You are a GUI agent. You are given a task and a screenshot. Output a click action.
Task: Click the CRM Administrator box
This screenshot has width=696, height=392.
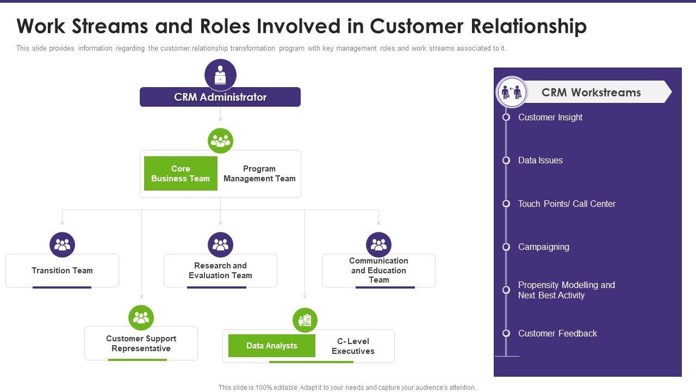click(220, 97)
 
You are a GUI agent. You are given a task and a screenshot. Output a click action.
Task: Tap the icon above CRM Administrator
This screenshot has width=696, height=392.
click(220, 75)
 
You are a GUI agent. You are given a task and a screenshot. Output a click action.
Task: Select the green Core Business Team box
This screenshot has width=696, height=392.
click(181, 174)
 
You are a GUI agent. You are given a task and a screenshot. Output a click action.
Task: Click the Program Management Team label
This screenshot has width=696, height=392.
click(259, 174)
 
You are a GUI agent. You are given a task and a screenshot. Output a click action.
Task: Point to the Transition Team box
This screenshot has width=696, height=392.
click(62, 271)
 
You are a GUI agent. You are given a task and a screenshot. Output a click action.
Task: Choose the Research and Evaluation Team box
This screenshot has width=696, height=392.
click(220, 271)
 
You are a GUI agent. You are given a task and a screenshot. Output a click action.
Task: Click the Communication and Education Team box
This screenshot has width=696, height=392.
click(378, 271)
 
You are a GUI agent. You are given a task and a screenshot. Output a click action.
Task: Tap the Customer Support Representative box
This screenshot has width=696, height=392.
click(141, 344)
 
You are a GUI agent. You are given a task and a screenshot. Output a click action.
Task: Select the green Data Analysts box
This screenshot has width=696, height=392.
click(272, 346)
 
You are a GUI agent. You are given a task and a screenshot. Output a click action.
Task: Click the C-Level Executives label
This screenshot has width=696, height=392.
click(353, 346)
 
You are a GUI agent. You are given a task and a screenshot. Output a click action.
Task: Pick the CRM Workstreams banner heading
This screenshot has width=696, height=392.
click(591, 93)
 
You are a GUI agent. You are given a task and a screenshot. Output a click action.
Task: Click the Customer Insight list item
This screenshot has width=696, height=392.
click(550, 118)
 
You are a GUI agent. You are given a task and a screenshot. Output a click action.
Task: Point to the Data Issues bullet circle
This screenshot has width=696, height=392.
click(506, 161)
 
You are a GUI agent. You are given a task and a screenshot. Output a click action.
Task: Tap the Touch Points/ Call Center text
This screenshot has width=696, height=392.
click(567, 204)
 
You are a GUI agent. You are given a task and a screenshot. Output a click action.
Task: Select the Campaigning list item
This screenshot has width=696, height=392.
click(544, 247)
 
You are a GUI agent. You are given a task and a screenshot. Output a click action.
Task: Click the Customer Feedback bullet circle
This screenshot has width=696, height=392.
click(506, 333)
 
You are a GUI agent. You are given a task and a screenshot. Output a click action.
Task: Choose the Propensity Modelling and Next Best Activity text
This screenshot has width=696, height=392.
click(566, 290)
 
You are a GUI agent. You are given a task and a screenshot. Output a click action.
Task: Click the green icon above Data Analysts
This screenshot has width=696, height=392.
click(305, 320)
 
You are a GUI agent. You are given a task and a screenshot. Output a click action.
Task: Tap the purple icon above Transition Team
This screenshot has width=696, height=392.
click(62, 245)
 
